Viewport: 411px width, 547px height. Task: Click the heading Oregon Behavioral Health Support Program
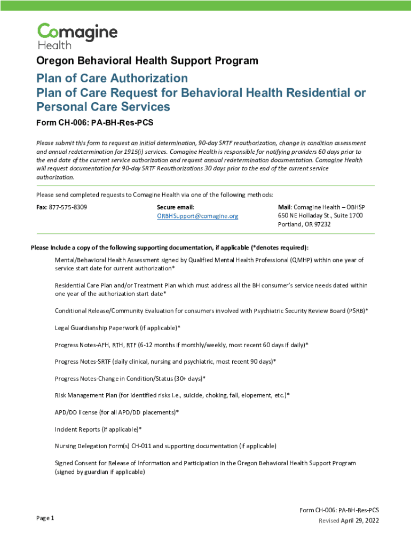pos(147,61)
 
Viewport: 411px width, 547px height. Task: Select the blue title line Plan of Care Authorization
pos(112,79)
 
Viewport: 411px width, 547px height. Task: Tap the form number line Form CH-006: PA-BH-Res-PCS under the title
pos(94,123)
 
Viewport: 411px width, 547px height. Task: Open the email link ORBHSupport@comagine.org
pos(197,216)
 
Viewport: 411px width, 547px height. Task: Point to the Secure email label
pos(176,207)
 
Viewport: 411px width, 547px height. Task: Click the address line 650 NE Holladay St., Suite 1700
pos(320,215)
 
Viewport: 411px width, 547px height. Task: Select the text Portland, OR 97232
pos(304,224)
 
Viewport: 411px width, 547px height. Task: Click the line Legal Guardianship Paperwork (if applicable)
pos(117,327)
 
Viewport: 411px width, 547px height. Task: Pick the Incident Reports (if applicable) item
pos(98,429)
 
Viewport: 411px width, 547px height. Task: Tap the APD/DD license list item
pos(117,412)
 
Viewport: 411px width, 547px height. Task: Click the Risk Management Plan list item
pos(172,395)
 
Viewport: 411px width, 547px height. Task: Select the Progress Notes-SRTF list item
pos(165,362)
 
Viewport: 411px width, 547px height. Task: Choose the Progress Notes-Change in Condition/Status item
pos(130,378)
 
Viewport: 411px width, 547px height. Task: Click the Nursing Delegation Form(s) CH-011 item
pos(165,446)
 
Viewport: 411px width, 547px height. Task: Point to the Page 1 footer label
pos(45,518)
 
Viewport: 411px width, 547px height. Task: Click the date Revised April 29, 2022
pos(349,521)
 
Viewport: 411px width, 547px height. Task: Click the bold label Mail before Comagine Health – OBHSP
pos(284,207)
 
